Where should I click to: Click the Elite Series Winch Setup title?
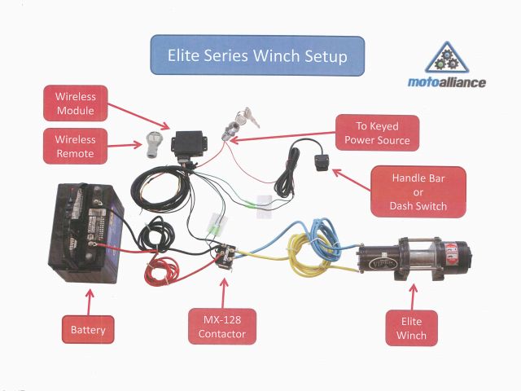pos(257,57)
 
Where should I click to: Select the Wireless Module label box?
pos(75,103)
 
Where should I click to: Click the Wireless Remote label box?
pos(75,146)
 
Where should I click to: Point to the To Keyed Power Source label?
pos(377,134)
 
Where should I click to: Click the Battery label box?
pos(88,330)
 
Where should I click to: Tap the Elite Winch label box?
pos(412,328)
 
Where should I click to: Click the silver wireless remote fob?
pos(152,143)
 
